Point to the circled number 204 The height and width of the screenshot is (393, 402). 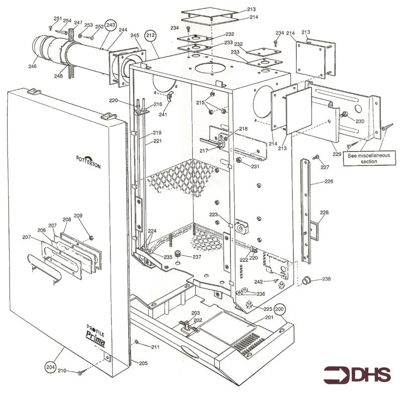point(49,366)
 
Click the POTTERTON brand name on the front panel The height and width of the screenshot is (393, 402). point(88,163)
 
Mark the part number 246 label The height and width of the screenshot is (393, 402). point(32,66)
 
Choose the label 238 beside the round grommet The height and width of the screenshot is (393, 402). point(326,279)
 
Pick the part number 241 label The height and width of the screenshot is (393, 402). point(163,114)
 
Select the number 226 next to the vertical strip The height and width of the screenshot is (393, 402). point(329,181)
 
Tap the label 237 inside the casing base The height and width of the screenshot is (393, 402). point(196,257)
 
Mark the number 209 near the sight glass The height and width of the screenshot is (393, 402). point(78,216)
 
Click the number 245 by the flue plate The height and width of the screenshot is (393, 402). point(134,35)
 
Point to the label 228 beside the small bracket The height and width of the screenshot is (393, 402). point(324,212)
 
